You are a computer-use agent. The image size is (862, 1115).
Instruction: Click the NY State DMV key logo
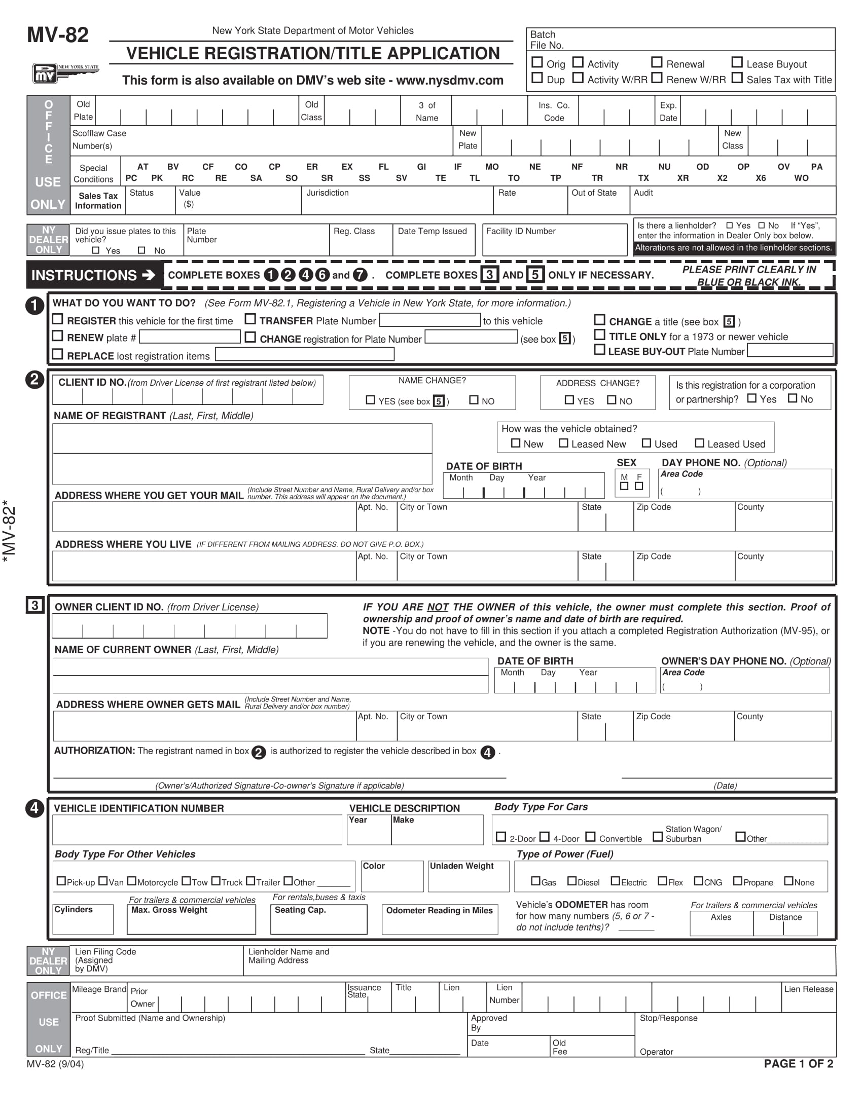(65, 73)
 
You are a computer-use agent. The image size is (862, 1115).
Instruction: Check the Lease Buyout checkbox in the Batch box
(737, 62)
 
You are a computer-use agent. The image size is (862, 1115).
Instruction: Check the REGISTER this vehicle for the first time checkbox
(58, 319)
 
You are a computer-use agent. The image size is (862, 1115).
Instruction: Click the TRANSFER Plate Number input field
(430, 320)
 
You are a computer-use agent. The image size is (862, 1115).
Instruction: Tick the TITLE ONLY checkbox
(599, 335)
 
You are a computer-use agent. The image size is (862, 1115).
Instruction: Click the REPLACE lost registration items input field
(304, 354)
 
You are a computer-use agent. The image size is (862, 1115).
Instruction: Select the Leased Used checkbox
(700, 443)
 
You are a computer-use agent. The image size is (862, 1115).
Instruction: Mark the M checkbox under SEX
(624, 486)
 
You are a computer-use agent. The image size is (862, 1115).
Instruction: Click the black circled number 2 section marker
(34, 379)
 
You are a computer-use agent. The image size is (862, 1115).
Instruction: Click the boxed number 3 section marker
(34, 606)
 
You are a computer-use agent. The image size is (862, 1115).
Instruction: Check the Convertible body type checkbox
(590, 837)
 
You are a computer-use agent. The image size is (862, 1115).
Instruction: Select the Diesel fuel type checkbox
(572, 881)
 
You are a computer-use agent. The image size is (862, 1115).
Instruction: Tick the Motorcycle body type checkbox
(132, 881)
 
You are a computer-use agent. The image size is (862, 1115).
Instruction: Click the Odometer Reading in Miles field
(439, 924)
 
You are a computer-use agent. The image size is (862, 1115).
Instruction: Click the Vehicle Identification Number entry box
(197, 830)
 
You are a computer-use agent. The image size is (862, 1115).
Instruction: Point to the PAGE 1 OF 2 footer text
(798, 1063)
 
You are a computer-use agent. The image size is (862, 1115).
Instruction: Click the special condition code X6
(761, 178)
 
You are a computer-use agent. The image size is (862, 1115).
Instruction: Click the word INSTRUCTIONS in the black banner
(84, 275)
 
